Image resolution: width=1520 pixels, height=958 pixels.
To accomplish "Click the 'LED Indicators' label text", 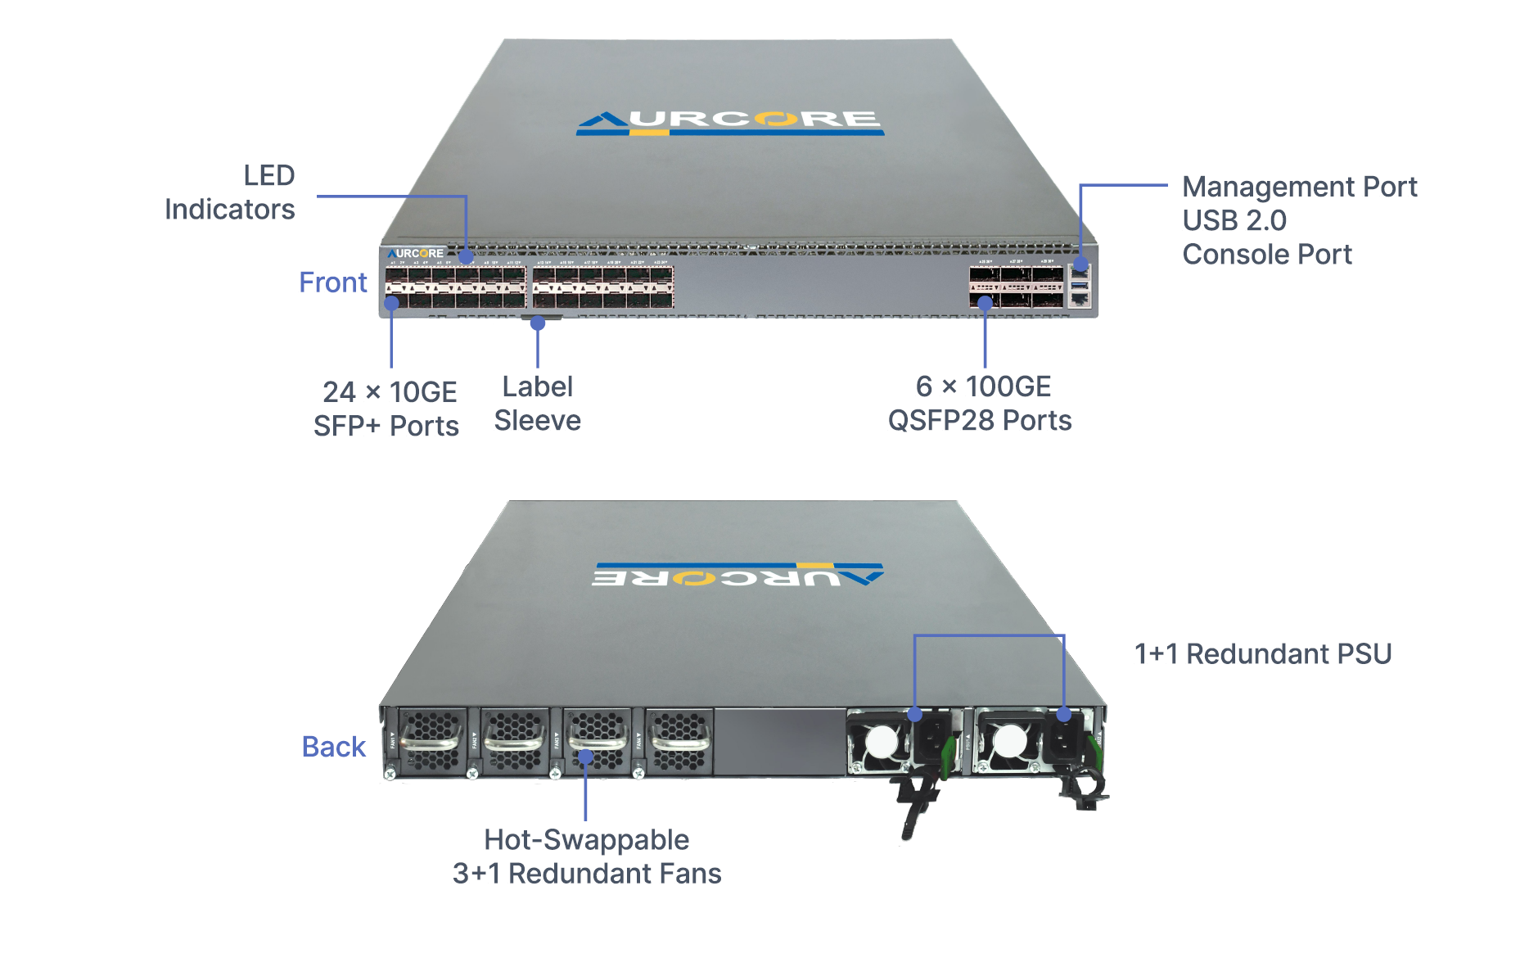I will pos(230,192).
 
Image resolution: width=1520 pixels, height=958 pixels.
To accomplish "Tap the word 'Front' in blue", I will pos(332,282).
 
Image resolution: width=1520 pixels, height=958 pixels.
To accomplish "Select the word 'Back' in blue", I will pos(333,747).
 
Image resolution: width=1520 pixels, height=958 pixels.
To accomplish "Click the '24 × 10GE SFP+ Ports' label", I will pos(386,409).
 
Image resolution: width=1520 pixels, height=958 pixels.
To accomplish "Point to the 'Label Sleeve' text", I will pos(538,403).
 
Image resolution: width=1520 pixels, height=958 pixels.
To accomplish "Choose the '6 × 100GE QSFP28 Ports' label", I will pos(980,403).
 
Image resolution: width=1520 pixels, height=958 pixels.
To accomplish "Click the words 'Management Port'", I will pos(1299,187).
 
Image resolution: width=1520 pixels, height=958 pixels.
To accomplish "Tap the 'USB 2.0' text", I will pos(1234,220).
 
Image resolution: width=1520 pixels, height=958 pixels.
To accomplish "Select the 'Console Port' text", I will pos(1266,255).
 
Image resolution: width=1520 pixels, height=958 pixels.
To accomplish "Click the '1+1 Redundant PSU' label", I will pos(1262,654).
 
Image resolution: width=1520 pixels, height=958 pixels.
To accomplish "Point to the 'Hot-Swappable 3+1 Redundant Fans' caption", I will pos(587,856).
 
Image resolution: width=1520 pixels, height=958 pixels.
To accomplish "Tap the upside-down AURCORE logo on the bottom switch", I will pos(737,576).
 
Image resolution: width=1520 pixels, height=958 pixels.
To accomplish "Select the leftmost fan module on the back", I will pos(431,742).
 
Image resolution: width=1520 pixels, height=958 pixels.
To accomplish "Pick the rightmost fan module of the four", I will pos(679,742).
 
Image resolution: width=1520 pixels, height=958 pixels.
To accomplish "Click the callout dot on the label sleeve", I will pos(538,323).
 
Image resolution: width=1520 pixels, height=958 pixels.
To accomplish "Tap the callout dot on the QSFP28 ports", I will pos(986,303).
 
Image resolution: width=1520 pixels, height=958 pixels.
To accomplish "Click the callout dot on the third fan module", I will pos(585,757).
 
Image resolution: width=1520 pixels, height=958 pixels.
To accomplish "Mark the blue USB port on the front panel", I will pos(1080,284).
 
